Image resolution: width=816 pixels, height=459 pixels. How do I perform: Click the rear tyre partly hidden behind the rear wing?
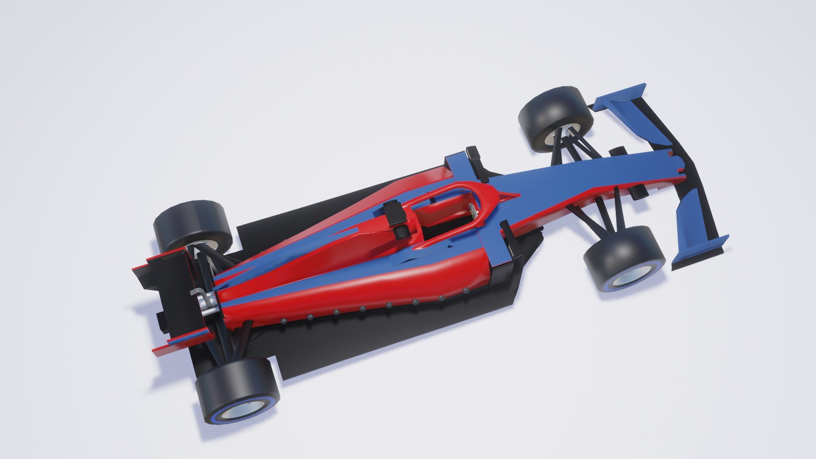coord(193,227)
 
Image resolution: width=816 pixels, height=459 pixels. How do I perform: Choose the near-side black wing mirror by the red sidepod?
coord(508,242)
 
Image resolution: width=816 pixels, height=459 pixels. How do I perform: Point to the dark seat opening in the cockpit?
coord(442,229)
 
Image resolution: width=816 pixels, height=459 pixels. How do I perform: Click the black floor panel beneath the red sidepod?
coord(382,340)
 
